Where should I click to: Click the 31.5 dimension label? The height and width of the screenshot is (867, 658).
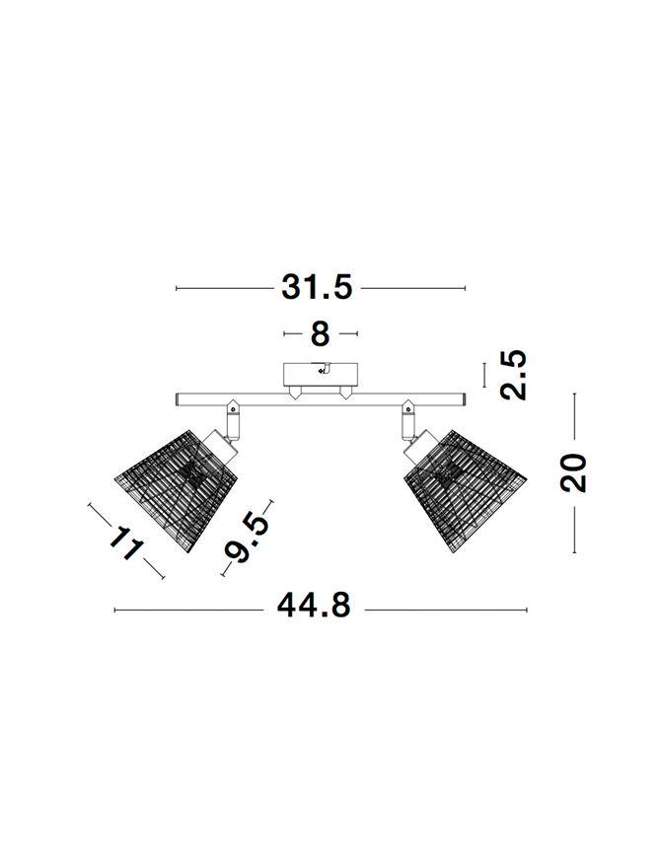pyautogui.click(x=317, y=288)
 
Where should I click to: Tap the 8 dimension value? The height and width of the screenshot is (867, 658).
pyautogui.click(x=321, y=334)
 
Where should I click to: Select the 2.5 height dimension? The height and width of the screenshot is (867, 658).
pyautogui.click(x=513, y=375)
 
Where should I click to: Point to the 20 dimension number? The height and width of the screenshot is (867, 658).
pyautogui.click(x=573, y=472)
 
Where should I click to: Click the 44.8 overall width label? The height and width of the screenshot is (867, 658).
pyautogui.click(x=314, y=606)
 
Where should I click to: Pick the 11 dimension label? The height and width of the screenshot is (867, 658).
pyautogui.click(x=126, y=542)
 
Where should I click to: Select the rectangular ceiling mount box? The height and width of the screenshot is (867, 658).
pyautogui.click(x=321, y=375)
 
